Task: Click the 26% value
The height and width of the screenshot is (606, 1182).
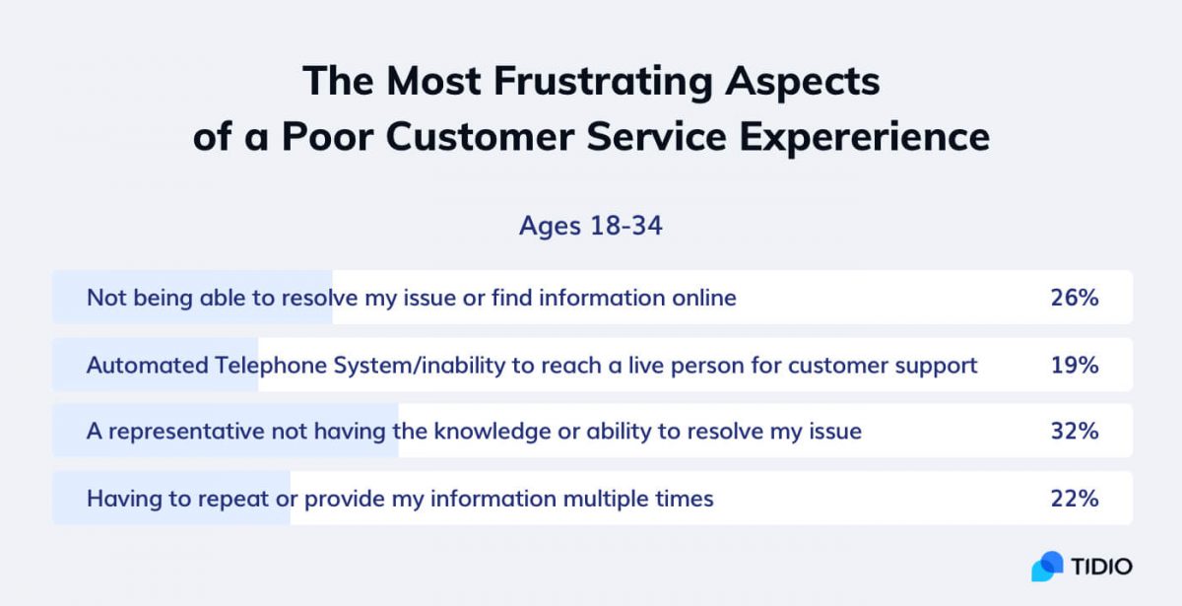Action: [1075, 298]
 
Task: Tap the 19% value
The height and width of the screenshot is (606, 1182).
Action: [1075, 366]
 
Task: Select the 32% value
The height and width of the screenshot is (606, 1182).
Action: [1075, 432]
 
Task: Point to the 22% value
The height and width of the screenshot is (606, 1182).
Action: [1075, 499]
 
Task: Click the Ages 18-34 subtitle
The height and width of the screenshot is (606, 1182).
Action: [590, 226]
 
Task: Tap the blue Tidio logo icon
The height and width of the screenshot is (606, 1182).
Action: [1047, 567]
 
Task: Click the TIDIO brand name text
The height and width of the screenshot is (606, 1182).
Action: [1102, 567]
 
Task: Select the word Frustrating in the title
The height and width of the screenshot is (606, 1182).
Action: [603, 83]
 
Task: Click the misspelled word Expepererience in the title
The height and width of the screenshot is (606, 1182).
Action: [865, 137]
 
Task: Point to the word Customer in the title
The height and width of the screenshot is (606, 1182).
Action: [480, 136]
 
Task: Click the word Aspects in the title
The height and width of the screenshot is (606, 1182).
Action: [802, 83]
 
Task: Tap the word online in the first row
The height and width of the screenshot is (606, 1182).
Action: [704, 298]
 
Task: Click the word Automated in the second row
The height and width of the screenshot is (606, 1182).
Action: [147, 366]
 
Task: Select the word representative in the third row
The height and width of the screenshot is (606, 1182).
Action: [186, 432]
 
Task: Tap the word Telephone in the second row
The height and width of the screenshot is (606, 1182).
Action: [271, 366]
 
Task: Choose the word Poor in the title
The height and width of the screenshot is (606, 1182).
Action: [327, 136]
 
